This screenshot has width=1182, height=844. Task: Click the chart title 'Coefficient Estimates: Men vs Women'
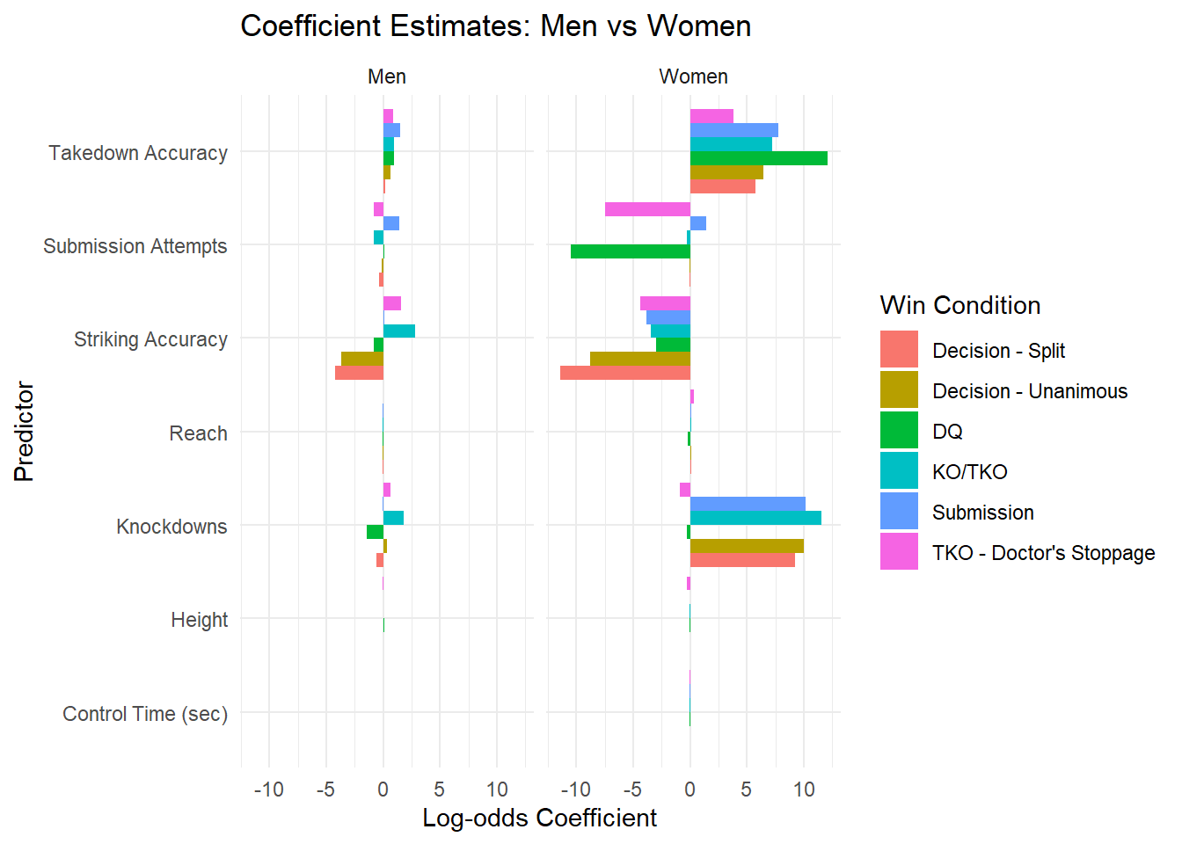click(x=495, y=26)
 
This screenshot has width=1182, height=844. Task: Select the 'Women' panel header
click(x=693, y=76)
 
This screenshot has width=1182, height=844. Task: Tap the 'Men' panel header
click(x=387, y=76)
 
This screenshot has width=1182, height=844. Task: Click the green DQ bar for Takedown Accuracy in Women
click(x=758, y=158)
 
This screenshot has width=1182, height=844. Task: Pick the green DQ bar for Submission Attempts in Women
click(x=631, y=251)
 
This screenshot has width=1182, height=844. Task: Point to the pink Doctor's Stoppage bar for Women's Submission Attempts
click(x=647, y=209)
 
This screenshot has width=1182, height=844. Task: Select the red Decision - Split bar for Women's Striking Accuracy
click(x=625, y=373)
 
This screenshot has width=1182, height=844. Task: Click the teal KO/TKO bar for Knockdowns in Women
click(x=755, y=518)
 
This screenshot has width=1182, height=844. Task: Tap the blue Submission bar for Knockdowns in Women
click(x=748, y=504)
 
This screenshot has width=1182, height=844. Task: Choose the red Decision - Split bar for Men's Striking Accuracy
click(x=359, y=373)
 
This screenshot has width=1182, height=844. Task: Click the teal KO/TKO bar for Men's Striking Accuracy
click(x=399, y=331)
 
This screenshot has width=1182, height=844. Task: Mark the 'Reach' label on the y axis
click(x=198, y=433)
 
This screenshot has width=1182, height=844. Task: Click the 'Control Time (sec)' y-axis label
click(x=145, y=714)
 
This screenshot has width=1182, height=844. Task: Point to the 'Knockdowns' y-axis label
click(x=171, y=527)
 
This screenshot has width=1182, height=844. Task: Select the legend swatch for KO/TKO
click(x=899, y=471)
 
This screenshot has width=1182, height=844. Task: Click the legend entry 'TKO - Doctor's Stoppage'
click(x=1043, y=553)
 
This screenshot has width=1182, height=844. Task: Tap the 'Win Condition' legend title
click(x=959, y=305)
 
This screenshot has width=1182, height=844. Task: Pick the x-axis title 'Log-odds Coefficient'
click(x=539, y=818)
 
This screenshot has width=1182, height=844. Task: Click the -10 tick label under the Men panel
click(x=269, y=789)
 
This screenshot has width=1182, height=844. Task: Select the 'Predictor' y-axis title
click(x=24, y=431)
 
